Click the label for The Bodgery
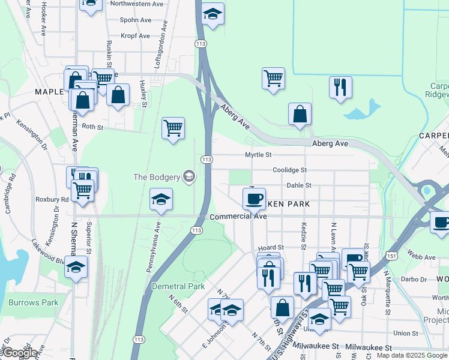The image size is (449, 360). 156,176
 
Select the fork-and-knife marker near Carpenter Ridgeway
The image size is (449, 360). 340,88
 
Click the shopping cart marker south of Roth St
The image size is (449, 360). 173,128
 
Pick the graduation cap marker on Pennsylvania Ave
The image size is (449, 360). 161,200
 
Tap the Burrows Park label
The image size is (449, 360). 34,302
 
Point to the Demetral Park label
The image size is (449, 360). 178,286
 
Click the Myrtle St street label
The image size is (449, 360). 259,155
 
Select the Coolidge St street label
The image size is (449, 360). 289,170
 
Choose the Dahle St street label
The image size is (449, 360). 298,185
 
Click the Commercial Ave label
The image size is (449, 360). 237,217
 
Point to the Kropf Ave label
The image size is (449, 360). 135,36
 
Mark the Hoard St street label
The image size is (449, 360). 270,248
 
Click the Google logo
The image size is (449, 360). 20,353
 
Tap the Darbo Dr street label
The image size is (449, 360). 414,280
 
